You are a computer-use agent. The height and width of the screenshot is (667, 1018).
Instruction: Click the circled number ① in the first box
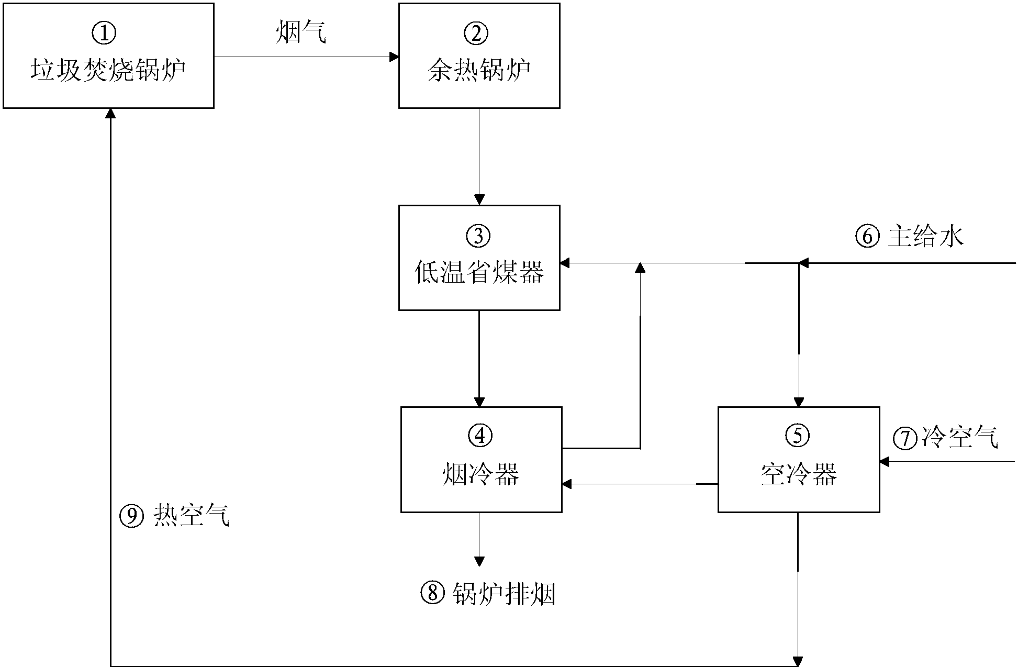point(104,33)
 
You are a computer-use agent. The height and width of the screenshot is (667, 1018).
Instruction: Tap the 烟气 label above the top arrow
point(301,33)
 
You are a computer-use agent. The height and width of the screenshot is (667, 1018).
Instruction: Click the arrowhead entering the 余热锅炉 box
point(394,57)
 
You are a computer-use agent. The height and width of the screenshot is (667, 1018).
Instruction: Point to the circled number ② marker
point(476,33)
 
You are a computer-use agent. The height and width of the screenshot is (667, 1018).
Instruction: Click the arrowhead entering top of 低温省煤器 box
point(479,199)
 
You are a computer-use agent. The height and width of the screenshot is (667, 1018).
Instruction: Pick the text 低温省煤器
point(479,272)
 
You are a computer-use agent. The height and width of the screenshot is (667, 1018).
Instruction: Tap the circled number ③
point(478,236)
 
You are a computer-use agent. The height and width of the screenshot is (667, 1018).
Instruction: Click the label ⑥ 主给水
point(910,237)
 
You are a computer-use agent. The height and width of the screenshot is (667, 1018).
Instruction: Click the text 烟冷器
point(480,474)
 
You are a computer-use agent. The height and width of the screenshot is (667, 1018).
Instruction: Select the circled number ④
point(480,436)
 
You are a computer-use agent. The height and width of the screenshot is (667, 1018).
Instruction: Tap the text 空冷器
point(798,474)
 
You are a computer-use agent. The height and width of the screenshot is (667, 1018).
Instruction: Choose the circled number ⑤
point(798,436)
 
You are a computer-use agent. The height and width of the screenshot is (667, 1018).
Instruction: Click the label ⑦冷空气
point(945,437)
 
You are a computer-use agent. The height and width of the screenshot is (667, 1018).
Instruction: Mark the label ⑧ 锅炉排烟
point(488,594)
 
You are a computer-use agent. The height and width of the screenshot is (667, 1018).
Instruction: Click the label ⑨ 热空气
point(175,516)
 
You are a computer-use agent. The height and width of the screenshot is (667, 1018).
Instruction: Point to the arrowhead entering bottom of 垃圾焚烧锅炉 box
point(110,114)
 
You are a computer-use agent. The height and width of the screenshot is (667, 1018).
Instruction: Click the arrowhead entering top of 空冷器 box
point(798,402)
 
